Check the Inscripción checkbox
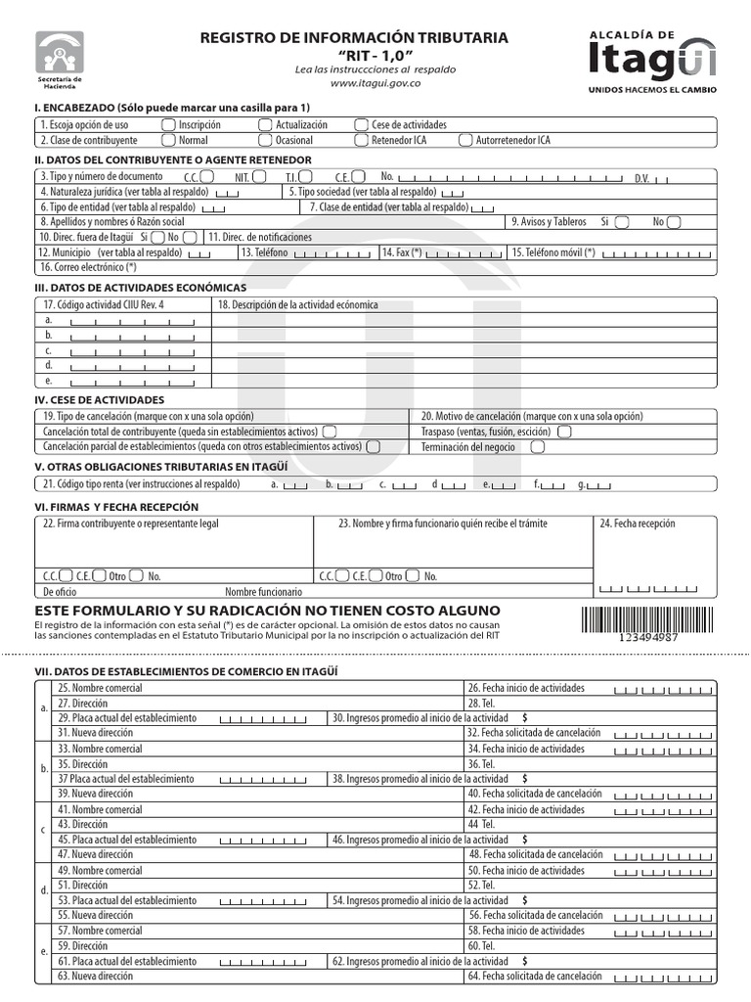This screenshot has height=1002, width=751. (169, 124)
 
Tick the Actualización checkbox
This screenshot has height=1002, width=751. (265, 124)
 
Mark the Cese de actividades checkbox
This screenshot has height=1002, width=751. (362, 124)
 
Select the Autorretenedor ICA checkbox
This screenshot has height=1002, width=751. (464, 140)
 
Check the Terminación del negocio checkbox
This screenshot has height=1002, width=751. (537, 446)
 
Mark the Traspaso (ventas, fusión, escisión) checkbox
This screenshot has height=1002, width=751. (564, 431)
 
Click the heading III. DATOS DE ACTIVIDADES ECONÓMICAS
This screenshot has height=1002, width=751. (140, 288)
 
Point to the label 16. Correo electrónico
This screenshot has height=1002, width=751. (88, 266)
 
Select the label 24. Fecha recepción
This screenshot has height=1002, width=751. (636, 524)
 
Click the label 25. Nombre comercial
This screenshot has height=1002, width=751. (100, 688)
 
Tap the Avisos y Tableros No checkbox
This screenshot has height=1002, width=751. (674, 222)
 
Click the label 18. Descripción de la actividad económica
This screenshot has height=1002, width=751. (297, 304)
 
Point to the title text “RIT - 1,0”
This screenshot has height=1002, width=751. (375, 54)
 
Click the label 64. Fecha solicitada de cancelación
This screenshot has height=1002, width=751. (535, 976)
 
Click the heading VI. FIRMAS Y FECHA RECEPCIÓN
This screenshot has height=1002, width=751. (116, 507)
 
